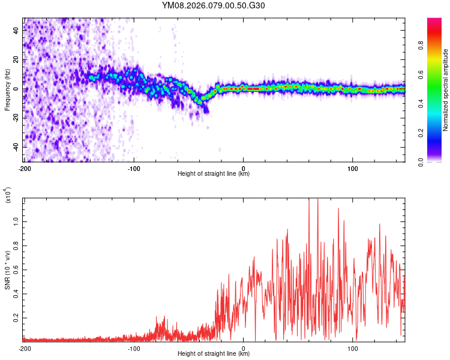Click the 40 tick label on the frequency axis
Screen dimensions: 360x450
click(x=17, y=32)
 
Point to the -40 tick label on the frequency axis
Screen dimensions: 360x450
click(x=16, y=147)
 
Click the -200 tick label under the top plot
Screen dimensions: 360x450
click(x=25, y=168)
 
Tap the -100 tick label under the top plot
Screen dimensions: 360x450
click(x=134, y=168)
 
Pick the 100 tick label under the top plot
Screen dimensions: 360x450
click(x=353, y=168)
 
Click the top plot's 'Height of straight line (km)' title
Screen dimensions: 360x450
click(x=214, y=174)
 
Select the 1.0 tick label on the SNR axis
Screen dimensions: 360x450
click(x=17, y=221)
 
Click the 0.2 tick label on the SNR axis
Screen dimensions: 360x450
click(x=17, y=318)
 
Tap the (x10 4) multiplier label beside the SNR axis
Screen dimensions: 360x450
click(x=7, y=196)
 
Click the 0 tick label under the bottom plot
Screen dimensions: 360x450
click(x=244, y=348)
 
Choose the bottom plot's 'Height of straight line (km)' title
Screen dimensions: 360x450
click(x=214, y=354)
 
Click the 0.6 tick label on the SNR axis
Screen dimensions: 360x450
click(x=17, y=269)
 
